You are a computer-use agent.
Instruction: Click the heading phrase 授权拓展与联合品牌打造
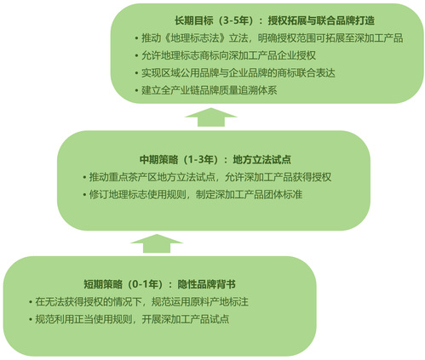[x=321, y=20]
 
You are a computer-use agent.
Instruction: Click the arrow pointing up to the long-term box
[x=211, y=117]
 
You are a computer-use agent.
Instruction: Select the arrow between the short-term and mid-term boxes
[x=157, y=243]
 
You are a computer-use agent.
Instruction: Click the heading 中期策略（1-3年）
[x=181, y=160]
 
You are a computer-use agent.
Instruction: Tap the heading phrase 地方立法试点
[x=262, y=160]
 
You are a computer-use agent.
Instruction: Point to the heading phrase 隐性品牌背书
[x=206, y=284]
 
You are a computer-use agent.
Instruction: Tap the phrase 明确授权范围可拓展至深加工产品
[x=330, y=38]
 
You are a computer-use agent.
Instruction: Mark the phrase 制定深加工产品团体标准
[x=249, y=195]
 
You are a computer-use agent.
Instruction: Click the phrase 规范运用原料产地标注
[x=200, y=302]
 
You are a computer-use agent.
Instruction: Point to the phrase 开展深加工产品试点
[x=186, y=319]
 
